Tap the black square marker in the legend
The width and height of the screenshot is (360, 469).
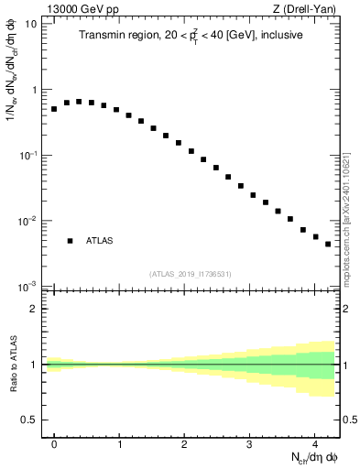click(x=70, y=241)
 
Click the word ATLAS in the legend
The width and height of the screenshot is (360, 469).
click(x=100, y=241)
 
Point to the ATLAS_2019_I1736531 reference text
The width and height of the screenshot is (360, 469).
click(x=191, y=274)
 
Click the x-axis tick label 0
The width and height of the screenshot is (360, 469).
click(x=54, y=442)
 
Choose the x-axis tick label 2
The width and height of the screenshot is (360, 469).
click(x=184, y=442)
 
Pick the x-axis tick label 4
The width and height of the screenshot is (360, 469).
click(x=314, y=442)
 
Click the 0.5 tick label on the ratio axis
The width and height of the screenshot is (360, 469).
click(x=31, y=420)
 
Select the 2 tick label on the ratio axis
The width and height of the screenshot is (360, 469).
click(x=35, y=309)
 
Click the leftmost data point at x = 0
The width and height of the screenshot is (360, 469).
click(x=54, y=109)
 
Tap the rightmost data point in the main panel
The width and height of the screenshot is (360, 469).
click(x=327, y=245)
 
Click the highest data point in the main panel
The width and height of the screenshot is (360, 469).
click(x=79, y=102)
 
